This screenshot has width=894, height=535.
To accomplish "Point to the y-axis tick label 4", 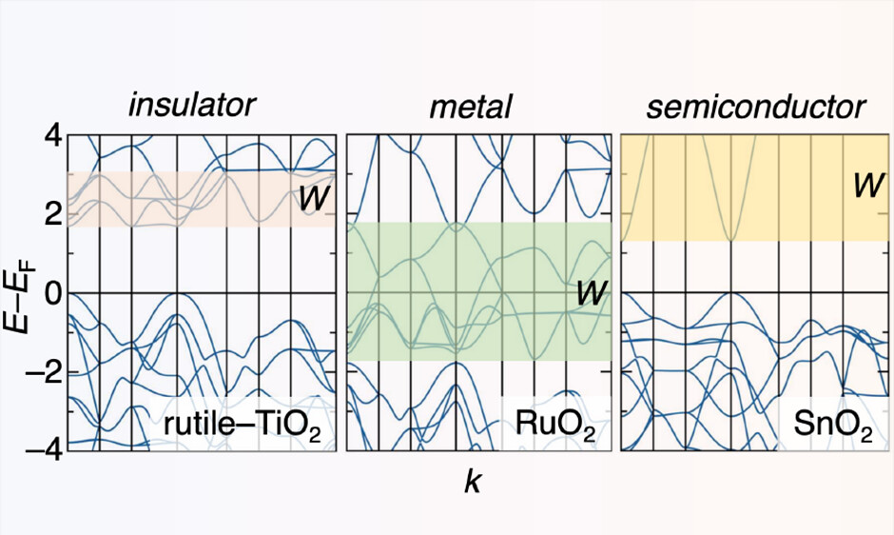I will (51, 136).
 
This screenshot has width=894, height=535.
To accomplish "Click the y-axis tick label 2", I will (51, 214).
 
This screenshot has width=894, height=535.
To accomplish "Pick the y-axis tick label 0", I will (51, 292).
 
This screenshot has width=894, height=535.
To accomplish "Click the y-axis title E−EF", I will (21, 292).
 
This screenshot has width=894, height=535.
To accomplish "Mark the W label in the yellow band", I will (865, 185).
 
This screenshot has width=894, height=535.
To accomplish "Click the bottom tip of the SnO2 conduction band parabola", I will (729, 241).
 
